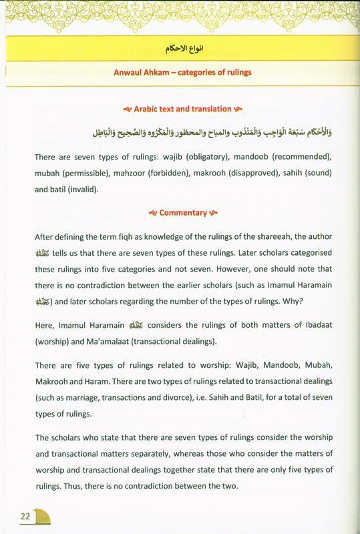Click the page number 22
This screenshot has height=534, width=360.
tap(25, 515)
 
